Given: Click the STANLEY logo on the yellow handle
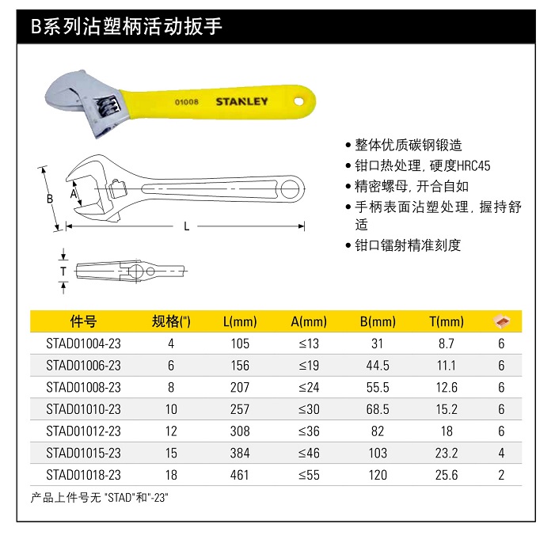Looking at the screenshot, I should [242, 101].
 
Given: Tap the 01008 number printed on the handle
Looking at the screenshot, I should [186, 103].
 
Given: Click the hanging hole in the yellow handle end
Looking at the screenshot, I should [298, 101].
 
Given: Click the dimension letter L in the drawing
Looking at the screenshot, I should [187, 226].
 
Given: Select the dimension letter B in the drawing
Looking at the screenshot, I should [49, 199].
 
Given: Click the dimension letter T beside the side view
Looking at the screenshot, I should [63, 271].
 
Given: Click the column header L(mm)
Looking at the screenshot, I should [240, 321].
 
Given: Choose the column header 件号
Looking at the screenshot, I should [83, 321].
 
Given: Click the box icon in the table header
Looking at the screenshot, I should [501, 321].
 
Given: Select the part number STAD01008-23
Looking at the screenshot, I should [83, 387].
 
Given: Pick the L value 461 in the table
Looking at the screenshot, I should [240, 475].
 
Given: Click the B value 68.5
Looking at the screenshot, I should [378, 409].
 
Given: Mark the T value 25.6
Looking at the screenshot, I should [447, 475].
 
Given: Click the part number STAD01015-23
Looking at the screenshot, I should [83, 453].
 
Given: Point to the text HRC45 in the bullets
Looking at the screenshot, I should [473, 166].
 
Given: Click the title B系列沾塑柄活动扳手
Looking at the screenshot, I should [126, 28].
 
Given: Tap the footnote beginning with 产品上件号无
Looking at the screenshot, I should [100, 498].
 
